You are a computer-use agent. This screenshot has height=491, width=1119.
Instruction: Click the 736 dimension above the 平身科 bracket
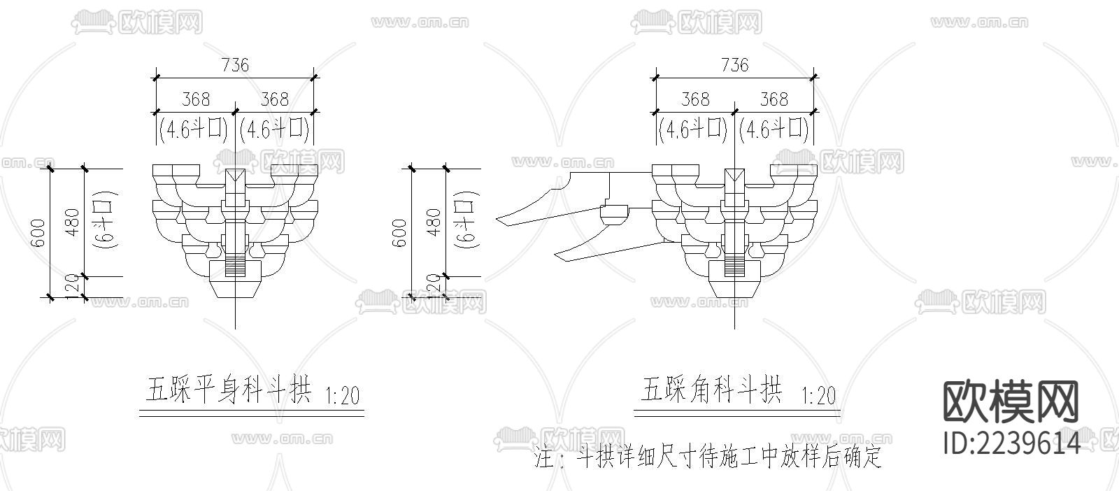235,65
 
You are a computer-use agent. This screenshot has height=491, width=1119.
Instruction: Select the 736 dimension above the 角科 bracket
734,65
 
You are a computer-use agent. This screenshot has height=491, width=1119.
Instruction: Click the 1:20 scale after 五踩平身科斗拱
343,397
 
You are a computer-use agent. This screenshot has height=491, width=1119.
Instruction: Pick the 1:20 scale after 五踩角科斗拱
817,396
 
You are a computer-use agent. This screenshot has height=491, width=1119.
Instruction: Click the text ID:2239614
1011,443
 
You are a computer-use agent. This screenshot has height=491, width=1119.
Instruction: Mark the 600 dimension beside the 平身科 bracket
38,233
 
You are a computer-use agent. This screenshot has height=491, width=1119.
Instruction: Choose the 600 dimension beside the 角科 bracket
399,233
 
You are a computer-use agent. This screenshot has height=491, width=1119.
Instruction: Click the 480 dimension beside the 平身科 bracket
72,222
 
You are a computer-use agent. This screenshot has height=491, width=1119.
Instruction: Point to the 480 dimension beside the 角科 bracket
434,222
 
